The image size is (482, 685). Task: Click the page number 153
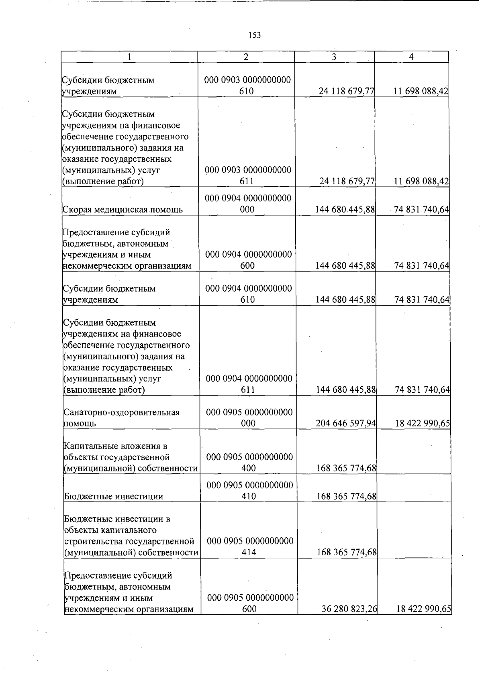(x=255, y=35)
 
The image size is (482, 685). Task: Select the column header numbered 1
(x=129, y=57)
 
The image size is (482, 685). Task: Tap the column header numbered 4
(x=411, y=57)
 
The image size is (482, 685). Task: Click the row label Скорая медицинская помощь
(x=123, y=210)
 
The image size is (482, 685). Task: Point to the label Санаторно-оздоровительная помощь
(x=122, y=418)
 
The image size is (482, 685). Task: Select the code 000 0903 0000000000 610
(x=247, y=86)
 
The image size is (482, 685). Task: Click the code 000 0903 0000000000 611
(x=247, y=175)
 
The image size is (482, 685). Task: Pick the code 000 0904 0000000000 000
(x=248, y=204)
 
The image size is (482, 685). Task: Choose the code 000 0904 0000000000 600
(x=248, y=260)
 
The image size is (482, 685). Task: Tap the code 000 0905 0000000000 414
(x=250, y=546)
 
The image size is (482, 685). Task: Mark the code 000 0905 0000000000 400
(x=249, y=462)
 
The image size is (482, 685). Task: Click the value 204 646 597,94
(x=346, y=423)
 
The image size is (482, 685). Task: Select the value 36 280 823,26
(x=349, y=609)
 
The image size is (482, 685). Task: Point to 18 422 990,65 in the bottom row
(x=424, y=609)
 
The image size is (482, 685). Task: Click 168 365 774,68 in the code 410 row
(x=346, y=496)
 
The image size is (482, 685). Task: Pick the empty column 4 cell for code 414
(x=414, y=530)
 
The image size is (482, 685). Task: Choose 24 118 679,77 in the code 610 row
(x=346, y=91)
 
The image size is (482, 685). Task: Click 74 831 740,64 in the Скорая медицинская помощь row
(x=421, y=210)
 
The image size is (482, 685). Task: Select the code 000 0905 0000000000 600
(x=250, y=603)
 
